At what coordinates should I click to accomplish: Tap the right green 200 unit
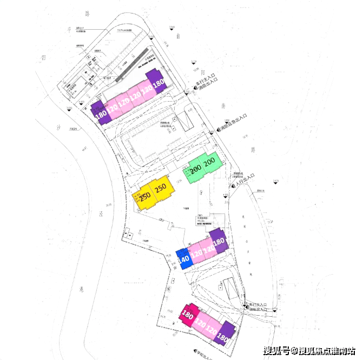tap(209, 161)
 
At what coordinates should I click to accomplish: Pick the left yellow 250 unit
tap(144, 196)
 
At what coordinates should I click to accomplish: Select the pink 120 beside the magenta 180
tap(200, 324)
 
